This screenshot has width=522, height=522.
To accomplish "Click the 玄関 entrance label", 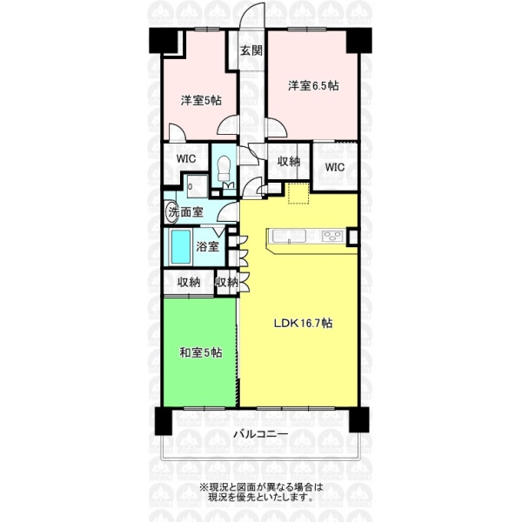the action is (251, 51).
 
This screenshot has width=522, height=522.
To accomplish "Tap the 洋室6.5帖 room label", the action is (313, 86).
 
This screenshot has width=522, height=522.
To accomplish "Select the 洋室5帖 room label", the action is (201, 100).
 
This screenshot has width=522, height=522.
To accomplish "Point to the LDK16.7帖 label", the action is (303, 323).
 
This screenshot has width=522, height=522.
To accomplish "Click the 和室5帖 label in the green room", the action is (201, 352).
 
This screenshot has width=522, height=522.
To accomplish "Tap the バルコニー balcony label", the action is (260, 434).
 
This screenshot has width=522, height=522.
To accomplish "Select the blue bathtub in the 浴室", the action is (180, 247).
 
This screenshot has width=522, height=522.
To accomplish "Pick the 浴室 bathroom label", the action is (207, 247).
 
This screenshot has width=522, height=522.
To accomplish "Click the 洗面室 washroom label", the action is (186, 212).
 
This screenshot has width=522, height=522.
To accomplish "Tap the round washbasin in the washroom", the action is (171, 212).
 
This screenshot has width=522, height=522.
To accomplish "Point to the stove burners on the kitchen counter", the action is (333, 236).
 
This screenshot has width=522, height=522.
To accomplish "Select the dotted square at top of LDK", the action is (298, 193).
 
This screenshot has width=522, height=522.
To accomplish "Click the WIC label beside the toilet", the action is (186, 159).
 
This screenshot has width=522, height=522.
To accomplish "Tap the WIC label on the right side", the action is (335, 167).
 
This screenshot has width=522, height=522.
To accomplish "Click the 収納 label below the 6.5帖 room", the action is (289, 162).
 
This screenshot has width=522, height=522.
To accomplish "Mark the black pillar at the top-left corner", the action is (164, 40).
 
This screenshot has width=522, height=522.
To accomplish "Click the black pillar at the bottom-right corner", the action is (358, 419).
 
